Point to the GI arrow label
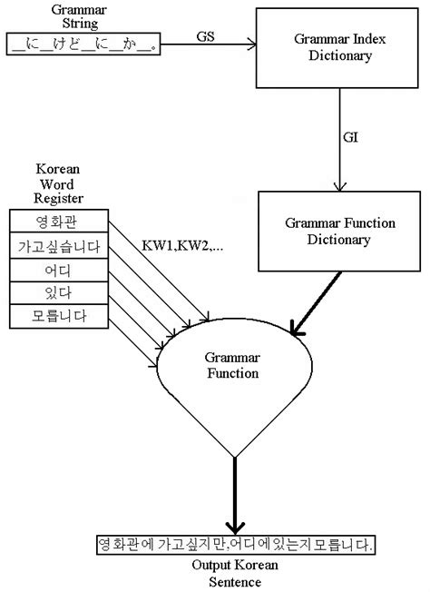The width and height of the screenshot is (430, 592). [x=350, y=138]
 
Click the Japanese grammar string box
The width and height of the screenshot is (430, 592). [x=83, y=44]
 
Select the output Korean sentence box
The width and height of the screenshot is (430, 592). [x=235, y=545]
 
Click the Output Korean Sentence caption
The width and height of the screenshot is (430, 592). [x=235, y=572]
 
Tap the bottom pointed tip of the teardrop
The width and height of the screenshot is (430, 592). [x=236, y=457]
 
